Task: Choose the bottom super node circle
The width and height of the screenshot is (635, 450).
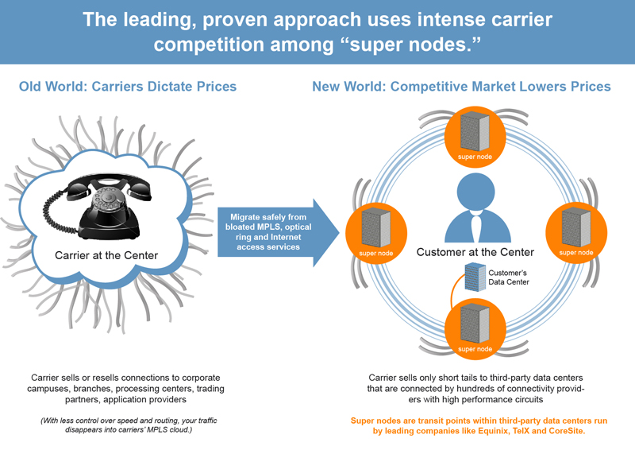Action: pos(474,327)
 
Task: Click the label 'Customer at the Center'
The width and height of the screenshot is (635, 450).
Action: pos(475,252)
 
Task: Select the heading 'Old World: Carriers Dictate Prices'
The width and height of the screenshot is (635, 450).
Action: pos(128,86)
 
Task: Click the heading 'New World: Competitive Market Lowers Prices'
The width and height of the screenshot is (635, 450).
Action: pos(461,86)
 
